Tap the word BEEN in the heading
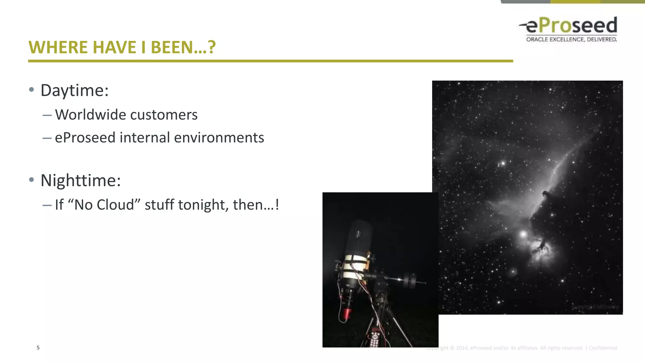(x=171, y=48)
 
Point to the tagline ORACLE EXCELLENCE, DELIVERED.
(x=571, y=39)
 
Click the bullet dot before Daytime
(x=31, y=90)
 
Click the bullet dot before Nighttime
(x=31, y=180)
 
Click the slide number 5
(x=38, y=348)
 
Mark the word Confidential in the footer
(x=603, y=348)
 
